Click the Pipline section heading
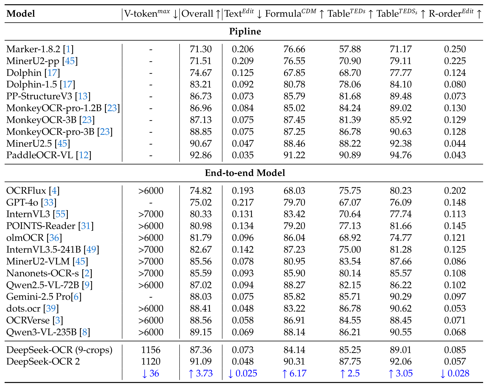(x=245, y=31)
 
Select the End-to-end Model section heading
(x=245, y=173)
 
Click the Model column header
(x=21, y=13)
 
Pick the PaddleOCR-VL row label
(x=40, y=155)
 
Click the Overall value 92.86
(x=201, y=155)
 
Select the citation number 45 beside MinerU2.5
(x=62, y=143)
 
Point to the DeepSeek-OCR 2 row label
(x=43, y=361)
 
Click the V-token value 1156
(x=151, y=350)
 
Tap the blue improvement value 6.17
(x=294, y=373)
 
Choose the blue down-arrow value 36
(x=151, y=373)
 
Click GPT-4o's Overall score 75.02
(x=201, y=202)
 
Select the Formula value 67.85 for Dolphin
(x=294, y=73)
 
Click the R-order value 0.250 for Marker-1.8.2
(x=455, y=49)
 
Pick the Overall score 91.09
(x=201, y=361)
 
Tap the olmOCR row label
(x=25, y=238)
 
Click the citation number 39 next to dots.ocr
(x=51, y=309)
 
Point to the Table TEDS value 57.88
(x=350, y=49)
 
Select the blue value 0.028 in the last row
(x=455, y=373)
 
